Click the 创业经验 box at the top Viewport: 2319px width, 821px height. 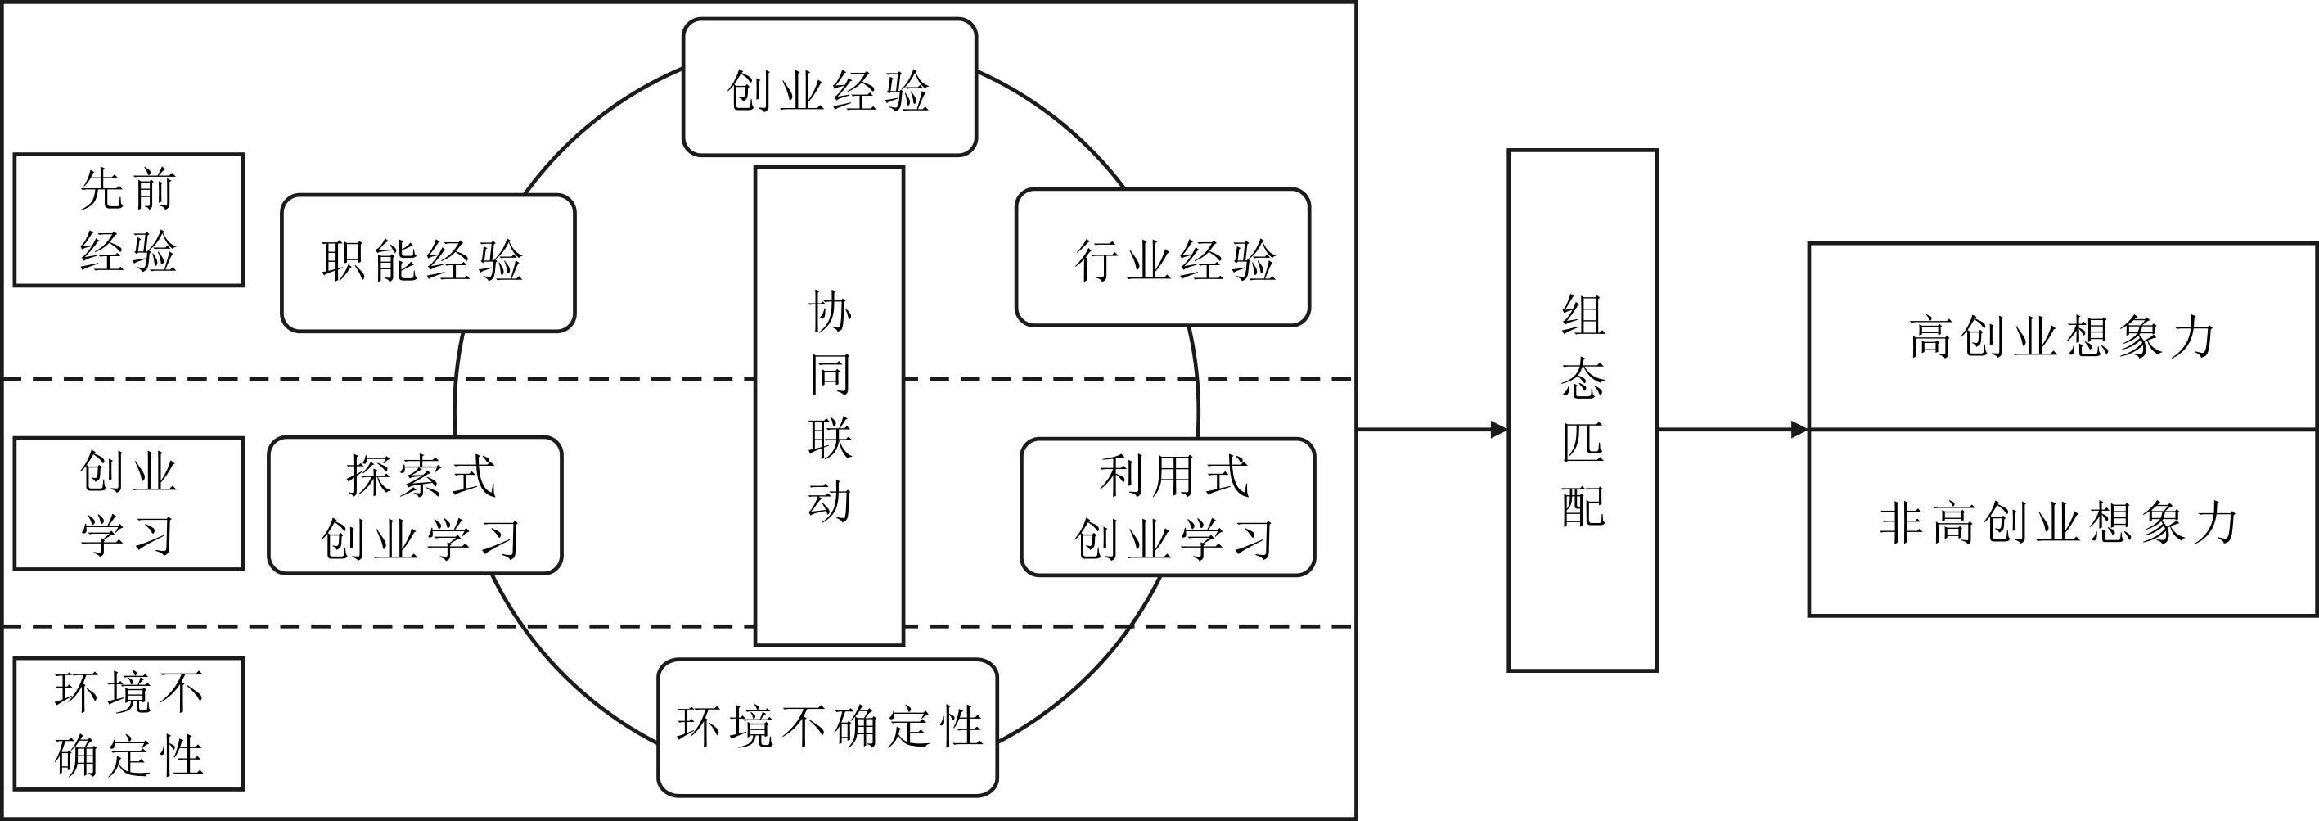point(829,88)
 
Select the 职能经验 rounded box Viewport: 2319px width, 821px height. point(428,263)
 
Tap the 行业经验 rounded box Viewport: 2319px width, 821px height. point(1162,259)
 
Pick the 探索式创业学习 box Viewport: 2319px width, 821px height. point(415,506)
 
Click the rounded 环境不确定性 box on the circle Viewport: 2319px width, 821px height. point(827,728)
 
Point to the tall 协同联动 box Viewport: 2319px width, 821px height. point(829,405)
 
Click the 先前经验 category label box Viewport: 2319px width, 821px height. point(128,219)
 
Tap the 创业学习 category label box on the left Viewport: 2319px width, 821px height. point(128,504)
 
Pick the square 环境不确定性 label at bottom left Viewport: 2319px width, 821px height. point(128,724)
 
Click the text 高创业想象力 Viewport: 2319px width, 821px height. point(2061,337)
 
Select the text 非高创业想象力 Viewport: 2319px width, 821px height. point(2059,523)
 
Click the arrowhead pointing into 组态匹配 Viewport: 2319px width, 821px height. point(1500,430)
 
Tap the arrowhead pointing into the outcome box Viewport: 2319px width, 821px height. point(1799,430)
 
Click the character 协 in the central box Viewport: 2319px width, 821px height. point(829,312)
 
